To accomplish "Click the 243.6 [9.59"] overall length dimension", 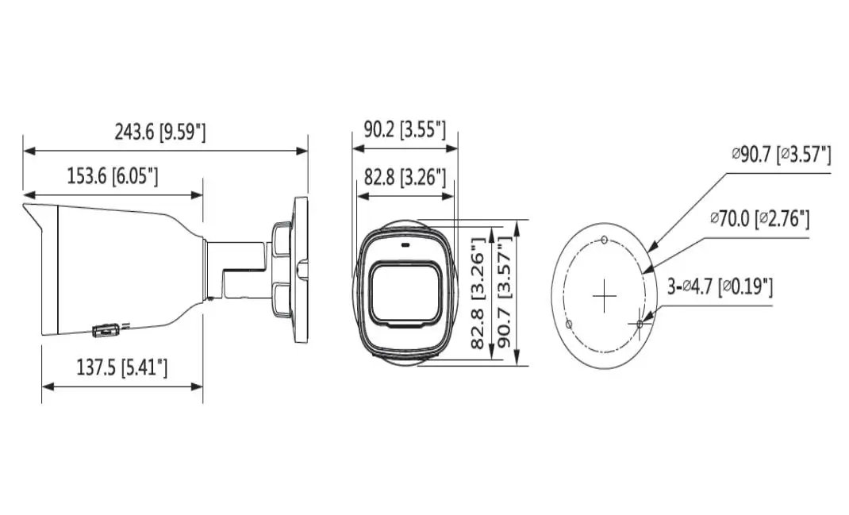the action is coord(160,133).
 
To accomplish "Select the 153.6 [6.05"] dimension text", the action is coord(113,176).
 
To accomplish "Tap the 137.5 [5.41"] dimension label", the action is coord(122,368).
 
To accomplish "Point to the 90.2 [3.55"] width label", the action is coord(405,130).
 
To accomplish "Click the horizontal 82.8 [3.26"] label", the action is coord(405,177).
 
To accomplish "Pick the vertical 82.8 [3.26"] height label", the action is coord(478,293).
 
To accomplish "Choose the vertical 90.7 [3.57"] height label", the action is coord(505,293).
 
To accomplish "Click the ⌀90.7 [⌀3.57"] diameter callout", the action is coord(782,155).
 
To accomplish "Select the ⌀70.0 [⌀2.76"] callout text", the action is coord(760,219).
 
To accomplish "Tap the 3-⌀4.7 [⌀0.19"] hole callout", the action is coord(720,286).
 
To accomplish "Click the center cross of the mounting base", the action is coord(605,296).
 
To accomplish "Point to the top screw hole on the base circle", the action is coord(605,240).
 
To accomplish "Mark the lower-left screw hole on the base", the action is coord(569,324).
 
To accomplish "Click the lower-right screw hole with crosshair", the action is coord(640,324).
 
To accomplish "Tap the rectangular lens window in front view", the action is coord(405,294).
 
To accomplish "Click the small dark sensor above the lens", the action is coord(405,244).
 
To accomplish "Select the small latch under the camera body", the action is coord(106,330).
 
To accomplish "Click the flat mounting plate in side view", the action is coord(301,270).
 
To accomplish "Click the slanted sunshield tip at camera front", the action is coord(33,216).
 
